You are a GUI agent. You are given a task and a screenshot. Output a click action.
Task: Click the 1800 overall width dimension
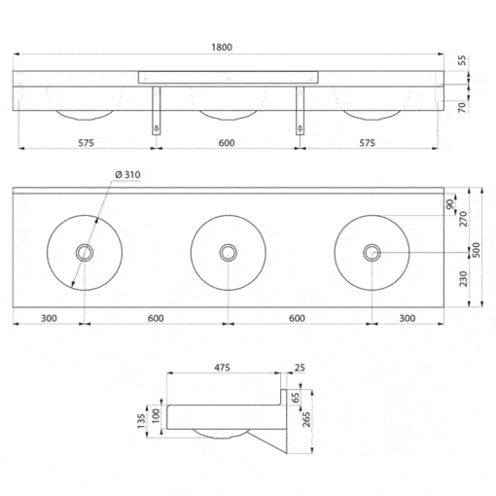[x=222, y=48]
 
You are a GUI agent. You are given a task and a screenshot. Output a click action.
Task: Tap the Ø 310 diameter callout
[x=127, y=175]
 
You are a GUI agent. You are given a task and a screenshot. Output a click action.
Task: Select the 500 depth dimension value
[x=477, y=250]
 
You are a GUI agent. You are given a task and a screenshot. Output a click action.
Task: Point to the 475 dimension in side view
[x=222, y=368]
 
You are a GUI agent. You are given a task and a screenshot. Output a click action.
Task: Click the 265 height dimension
[x=306, y=419]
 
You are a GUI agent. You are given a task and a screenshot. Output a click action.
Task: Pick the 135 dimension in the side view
[x=141, y=421]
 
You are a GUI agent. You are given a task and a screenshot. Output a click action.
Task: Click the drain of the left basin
[x=85, y=253]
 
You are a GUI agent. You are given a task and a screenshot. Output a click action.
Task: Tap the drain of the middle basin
[x=229, y=253]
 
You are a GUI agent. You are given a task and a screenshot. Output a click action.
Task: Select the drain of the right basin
[x=372, y=253]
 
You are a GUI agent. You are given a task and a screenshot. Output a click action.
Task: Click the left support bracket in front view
[x=157, y=111]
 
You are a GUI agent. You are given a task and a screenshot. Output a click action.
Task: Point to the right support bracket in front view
[x=300, y=111]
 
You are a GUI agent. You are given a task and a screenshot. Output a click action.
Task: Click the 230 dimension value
[x=464, y=279]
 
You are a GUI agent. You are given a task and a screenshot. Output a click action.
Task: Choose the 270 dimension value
[x=464, y=219]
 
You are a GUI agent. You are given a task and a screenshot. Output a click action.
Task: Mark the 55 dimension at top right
[x=463, y=60]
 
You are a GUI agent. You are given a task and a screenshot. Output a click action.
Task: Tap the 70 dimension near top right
[x=463, y=107]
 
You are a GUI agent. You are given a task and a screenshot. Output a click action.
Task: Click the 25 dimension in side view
[x=300, y=368]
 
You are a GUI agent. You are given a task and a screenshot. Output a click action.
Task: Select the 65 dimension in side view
[x=296, y=398]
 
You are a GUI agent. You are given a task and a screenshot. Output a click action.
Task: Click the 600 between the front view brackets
[x=227, y=143]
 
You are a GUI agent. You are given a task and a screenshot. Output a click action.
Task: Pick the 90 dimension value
[x=450, y=204]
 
